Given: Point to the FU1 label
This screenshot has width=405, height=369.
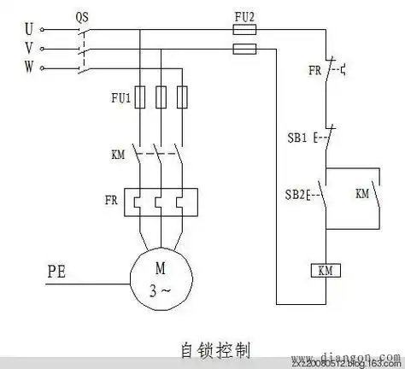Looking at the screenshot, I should point(121,98).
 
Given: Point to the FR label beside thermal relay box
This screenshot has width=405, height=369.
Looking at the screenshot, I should point(111,201).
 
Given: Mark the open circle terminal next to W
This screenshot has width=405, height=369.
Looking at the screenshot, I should point(43,67).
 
